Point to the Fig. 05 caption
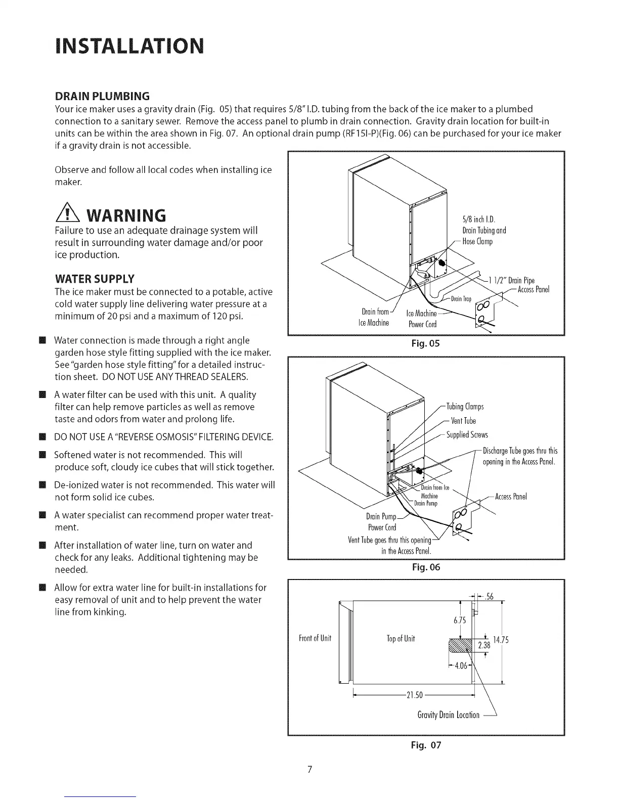click(x=426, y=344)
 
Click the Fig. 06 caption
click(x=426, y=567)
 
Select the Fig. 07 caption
click(x=426, y=745)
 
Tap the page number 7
click(x=309, y=770)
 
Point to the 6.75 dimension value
click(x=459, y=620)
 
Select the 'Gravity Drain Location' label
click(x=449, y=715)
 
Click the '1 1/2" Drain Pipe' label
click(x=512, y=281)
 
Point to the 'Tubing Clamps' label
click(x=465, y=407)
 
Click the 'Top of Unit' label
click(x=401, y=638)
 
